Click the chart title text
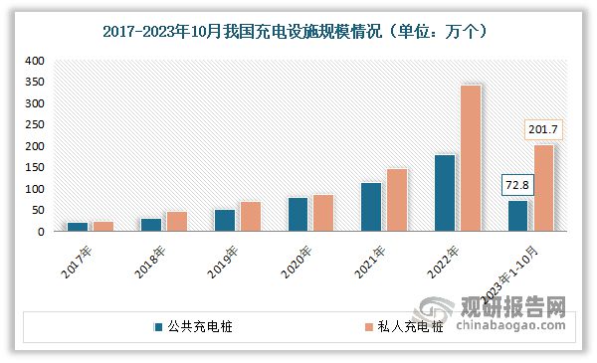coord(298,32)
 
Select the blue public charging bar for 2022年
coord(444,193)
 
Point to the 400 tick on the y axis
coord(36,61)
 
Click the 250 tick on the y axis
coord(36,124)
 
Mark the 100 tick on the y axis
coord(36,189)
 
